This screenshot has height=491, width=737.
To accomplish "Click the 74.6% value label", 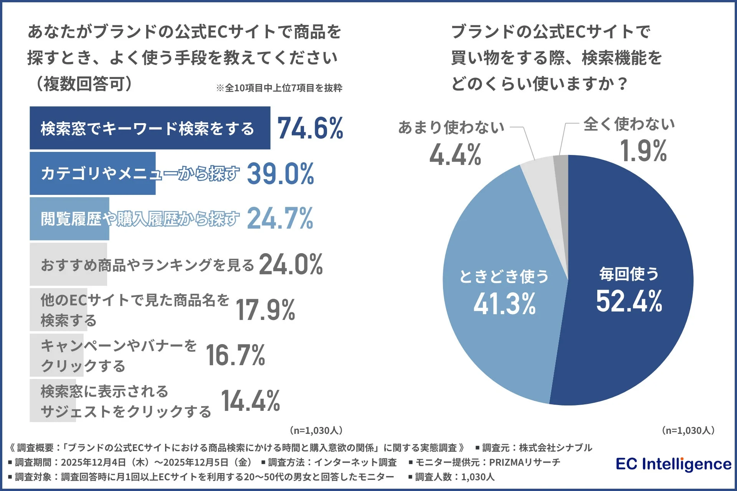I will pos(310,128).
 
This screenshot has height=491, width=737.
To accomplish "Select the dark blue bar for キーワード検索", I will pos(150,128).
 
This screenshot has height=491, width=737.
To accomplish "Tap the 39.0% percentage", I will pos(280,174).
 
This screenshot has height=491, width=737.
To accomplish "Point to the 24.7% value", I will pos(280,219).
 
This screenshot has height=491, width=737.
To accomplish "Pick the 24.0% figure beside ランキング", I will pos(291,265).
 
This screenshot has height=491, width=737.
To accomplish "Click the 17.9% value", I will pos(265,310).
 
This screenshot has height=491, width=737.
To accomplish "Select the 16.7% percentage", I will pos(235,355).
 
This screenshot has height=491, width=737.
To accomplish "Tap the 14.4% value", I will pos(250,401).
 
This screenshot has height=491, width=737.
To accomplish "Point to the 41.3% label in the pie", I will pos(504,304).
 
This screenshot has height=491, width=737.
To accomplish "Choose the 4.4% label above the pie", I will pos(455,155).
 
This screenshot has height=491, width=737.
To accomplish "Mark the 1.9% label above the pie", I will pos(643,151).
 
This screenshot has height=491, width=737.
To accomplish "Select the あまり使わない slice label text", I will pos(451,127).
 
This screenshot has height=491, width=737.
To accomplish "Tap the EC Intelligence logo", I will pos(674,464).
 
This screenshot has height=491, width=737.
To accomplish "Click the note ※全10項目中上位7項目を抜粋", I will pos(279,88).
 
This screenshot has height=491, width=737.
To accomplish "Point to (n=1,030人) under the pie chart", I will pos(688,430).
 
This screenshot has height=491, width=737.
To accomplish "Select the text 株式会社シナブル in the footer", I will pos(555,448).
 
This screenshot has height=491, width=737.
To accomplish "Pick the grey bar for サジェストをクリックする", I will pos(53,400).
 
